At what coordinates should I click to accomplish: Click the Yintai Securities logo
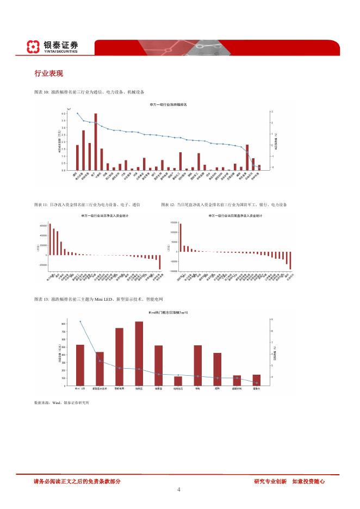[x=53, y=47]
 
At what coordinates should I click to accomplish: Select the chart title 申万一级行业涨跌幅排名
[x=168, y=104]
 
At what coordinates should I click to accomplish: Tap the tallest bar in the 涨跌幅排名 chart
[x=96, y=141]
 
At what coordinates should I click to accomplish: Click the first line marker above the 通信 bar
[x=78, y=114]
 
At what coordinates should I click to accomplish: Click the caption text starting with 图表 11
[x=87, y=204]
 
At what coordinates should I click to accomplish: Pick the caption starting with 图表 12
[x=224, y=204]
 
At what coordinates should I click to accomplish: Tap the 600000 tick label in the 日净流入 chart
[x=43, y=226]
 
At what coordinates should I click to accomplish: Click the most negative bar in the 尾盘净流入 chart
[x=290, y=260]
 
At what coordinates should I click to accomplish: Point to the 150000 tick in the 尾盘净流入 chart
[x=175, y=223]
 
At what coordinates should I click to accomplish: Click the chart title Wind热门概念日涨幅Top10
[x=168, y=313]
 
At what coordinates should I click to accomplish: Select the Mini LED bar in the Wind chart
[x=80, y=365]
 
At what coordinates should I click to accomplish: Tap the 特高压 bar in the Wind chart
[x=139, y=353]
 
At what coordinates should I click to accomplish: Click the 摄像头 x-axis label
[x=256, y=389]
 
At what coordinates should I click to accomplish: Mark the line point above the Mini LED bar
[x=80, y=321]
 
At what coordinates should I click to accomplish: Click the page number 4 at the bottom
[x=179, y=489]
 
